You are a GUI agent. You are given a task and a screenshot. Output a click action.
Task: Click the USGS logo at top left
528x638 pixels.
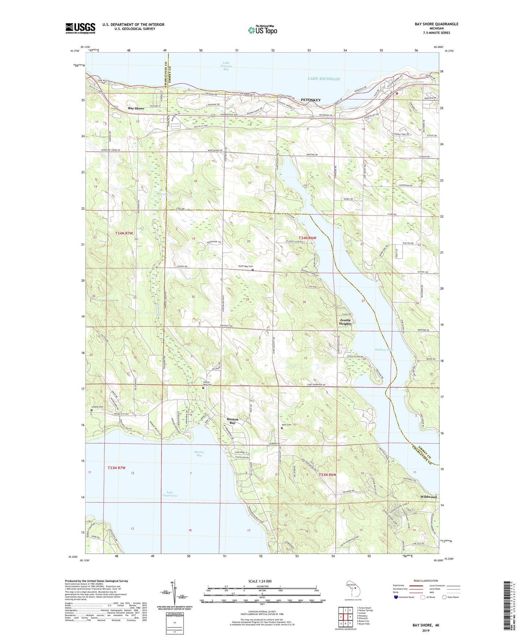pyautogui.click(x=80, y=28)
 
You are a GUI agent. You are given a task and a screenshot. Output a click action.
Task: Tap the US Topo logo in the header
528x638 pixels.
pyautogui.click(x=262, y=30)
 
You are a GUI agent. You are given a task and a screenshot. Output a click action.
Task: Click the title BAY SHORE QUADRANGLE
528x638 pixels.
pyautogui.click(x=436, y=24)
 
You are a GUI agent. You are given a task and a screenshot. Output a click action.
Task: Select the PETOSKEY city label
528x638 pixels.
pyautogui.click(x=311, y=100)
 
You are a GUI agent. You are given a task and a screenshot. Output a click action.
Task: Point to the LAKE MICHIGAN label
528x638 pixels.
pyautogui.click(x=323, y=79)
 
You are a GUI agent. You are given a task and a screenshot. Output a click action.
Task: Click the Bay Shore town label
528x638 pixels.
pyautogui.click(x=136, y=109)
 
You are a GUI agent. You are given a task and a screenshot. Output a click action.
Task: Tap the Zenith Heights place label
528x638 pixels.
pyautogui.click(x=345, y=322)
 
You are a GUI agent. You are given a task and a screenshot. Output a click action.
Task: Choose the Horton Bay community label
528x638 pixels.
pyautogui.click(x=232, y=421)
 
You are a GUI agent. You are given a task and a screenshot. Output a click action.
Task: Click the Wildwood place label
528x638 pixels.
pyautogui.click(x=428, y=497)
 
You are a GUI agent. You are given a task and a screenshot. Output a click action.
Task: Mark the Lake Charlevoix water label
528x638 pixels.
pyautogui.click(x=170, y=494)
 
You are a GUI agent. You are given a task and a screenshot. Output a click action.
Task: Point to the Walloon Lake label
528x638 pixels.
pyautogui.click(x=384, y=350)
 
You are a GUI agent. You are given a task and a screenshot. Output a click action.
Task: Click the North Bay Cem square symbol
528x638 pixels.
pyautogui.click(x=252, y=270)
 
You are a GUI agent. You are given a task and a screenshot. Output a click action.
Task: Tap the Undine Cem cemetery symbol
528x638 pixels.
pyautogui.click(x=92, y=410)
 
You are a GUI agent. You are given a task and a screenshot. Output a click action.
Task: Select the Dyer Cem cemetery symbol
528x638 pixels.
pyautogui.click(x=282, y=428)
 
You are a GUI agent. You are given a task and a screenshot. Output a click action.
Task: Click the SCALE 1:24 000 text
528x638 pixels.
pyautogui.click(x=260, y=581)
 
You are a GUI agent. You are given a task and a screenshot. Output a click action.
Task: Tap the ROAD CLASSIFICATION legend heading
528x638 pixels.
pyautogui.click(x=426, y=581)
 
